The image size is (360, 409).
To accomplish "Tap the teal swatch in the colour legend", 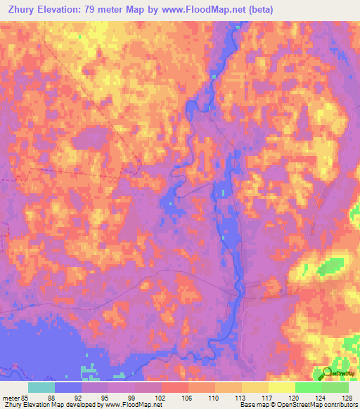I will (41, 387).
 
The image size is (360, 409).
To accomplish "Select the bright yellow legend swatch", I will (281, 387).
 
